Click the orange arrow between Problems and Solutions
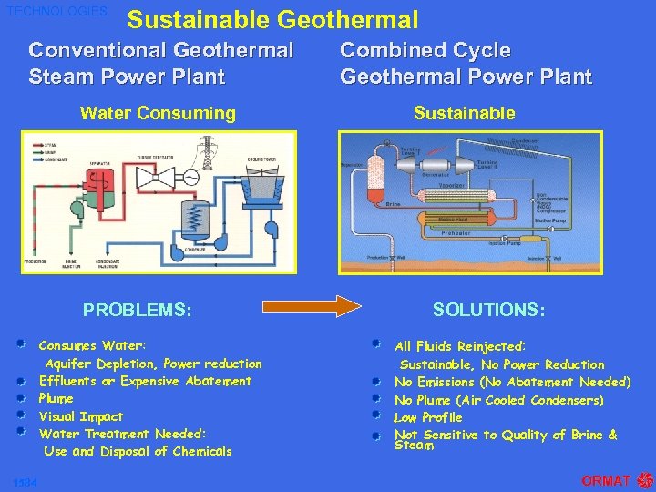coord(310,308)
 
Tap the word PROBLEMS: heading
coord(138,310)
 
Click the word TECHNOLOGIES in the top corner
coord(56,12)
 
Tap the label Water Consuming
coord(158,113)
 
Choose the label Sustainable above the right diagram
coord(464,113)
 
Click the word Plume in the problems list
coord(56,398)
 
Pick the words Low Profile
coord(428,417)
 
